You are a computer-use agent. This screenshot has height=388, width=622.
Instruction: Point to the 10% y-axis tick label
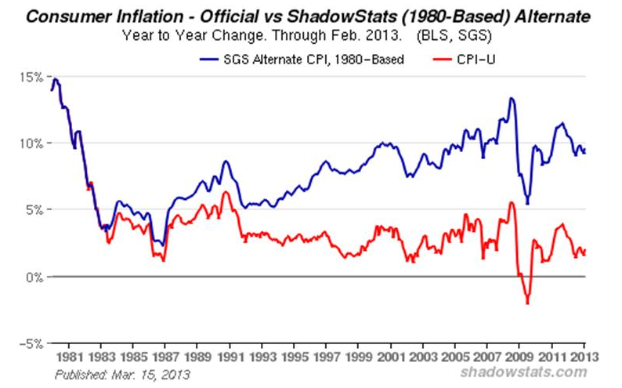point(32,143)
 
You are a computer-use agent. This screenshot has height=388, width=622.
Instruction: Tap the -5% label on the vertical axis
point(32,343)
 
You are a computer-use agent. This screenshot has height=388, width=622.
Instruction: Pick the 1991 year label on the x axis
point(228,357)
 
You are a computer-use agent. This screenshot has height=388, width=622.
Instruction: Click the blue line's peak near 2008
point(511,98)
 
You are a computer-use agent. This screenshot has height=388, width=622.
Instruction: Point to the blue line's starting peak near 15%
point(55,79)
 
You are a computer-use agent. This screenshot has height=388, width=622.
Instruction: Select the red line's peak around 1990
point(225,192)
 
